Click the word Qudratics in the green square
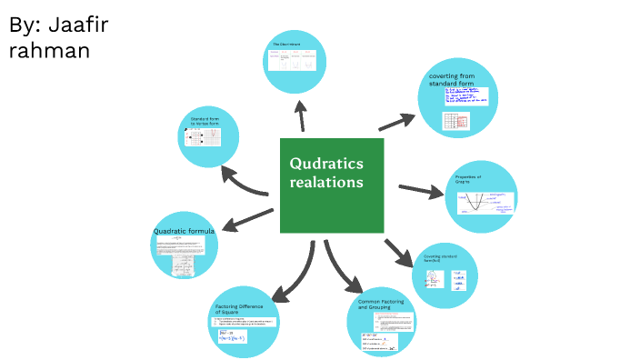click(326, 164)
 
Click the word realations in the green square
click(326, 183)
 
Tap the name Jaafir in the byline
click(75, 25)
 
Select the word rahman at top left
click(49, 50)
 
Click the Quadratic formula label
click(184, 232)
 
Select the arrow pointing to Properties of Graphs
click(418, 191)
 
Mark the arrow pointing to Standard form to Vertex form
click(245, 181)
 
